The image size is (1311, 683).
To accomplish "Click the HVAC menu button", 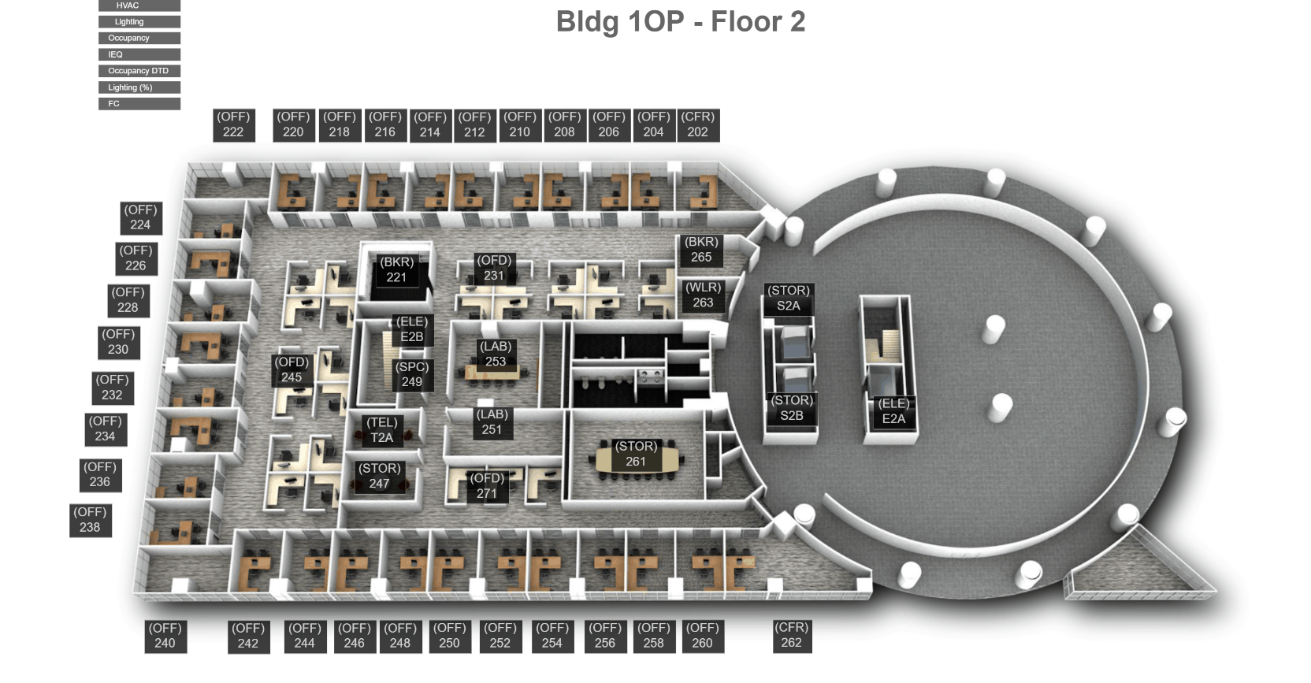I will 139,6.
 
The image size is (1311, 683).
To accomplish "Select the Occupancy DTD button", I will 139,71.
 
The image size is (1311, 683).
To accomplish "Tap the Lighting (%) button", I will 139,87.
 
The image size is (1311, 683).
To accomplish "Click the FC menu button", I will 139,104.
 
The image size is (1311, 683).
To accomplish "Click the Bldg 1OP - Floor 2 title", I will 680,22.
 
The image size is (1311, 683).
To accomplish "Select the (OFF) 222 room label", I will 233,124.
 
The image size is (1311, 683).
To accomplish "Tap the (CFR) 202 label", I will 697,124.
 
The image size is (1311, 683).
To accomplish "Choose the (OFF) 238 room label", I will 90,520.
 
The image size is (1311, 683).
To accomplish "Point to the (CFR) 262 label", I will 791,635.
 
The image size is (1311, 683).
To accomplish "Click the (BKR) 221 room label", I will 396,269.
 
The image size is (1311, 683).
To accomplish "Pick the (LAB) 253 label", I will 496,354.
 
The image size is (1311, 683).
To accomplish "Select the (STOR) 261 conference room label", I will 636,454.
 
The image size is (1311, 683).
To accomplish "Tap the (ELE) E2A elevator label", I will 893,411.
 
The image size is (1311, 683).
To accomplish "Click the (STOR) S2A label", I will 789,298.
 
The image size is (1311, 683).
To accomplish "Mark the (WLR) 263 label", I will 703,295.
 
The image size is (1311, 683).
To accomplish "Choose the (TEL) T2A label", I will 382,430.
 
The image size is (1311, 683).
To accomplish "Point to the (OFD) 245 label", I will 292,369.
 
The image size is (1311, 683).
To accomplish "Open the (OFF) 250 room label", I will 449,636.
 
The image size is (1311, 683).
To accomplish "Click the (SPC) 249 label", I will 412,374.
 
